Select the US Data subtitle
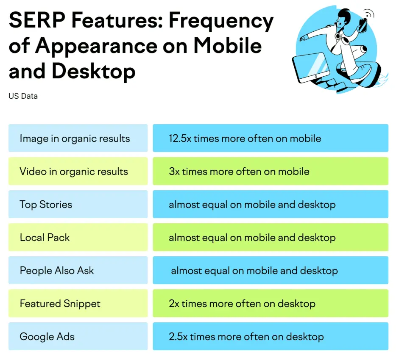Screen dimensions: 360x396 coord(23,96)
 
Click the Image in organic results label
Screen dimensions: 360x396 coord(75,138)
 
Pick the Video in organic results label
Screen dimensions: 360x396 coord(74,172)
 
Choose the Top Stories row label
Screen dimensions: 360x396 coord(46,205)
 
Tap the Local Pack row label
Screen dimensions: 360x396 coord(45,238)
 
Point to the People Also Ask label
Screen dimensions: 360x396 coord(57,271)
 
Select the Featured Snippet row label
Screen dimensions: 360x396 coord(60,304)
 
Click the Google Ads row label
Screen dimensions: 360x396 coord(47,337)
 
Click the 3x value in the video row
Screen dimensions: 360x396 coord(174,172)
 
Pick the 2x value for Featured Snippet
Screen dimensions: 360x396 coord(174,304)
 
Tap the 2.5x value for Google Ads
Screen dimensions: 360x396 coord(178,337)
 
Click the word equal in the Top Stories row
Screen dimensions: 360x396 coord(215,205)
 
